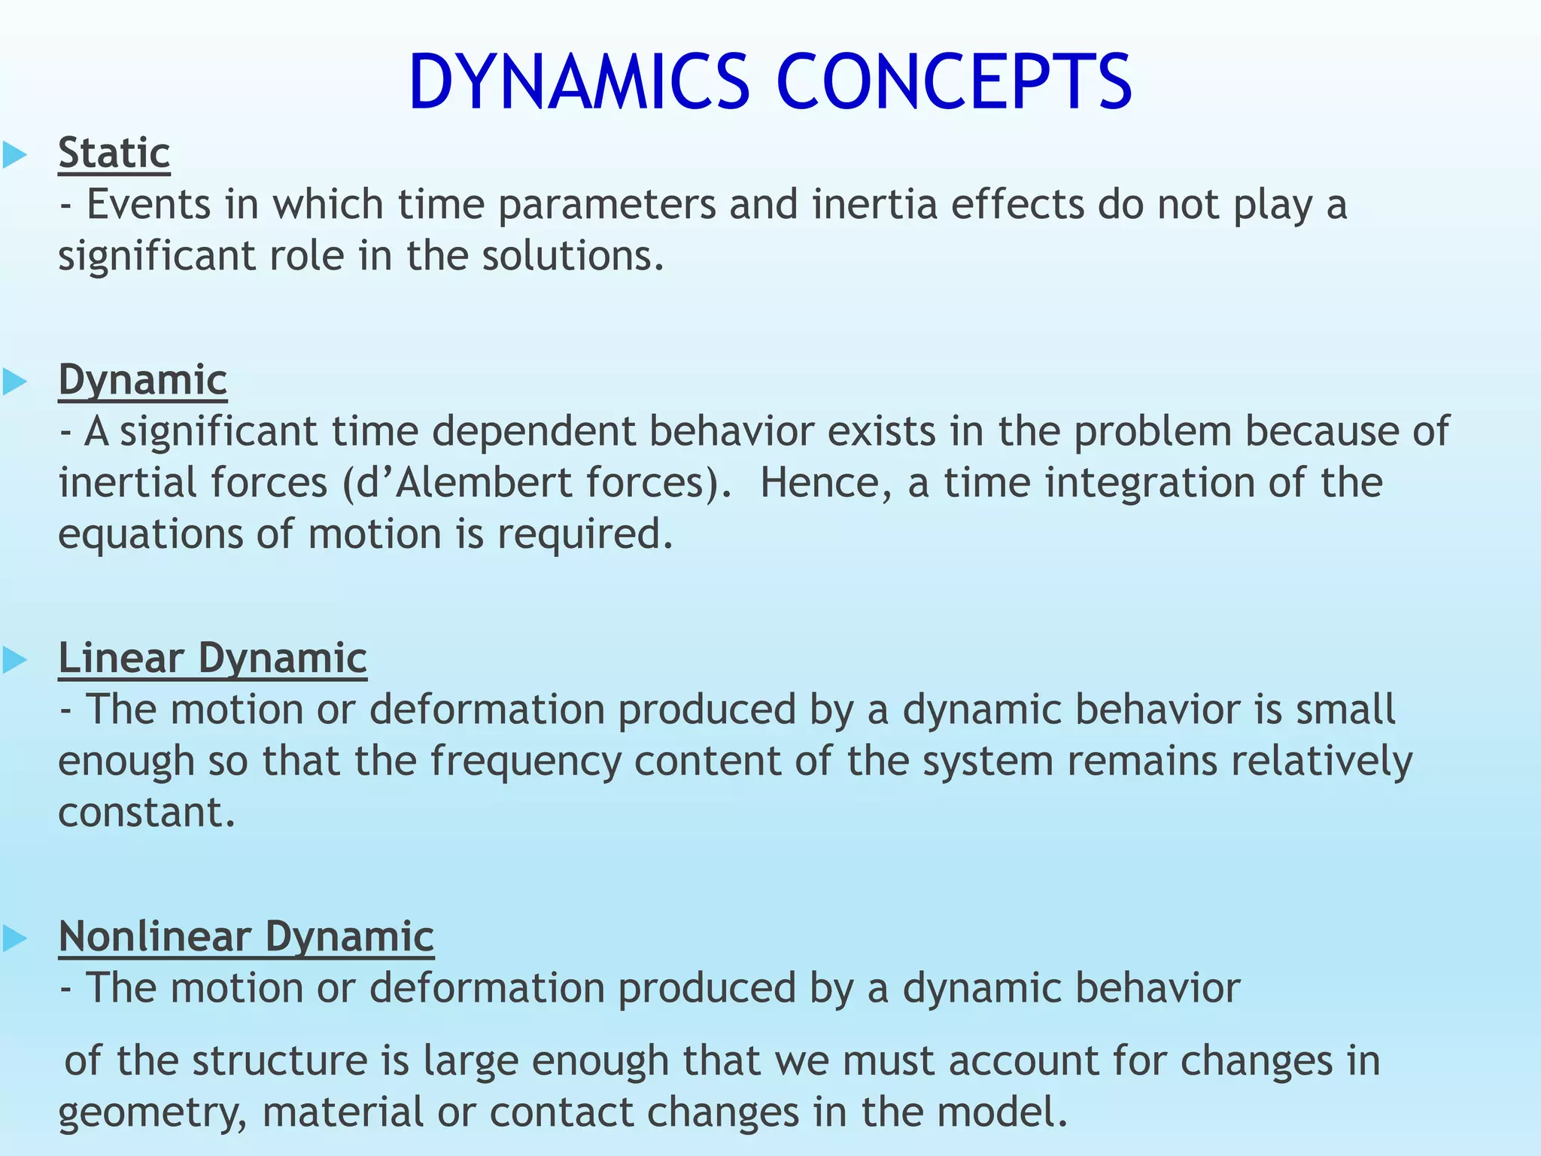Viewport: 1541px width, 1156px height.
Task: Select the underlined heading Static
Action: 114,153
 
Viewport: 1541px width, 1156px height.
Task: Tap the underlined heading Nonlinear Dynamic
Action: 246,936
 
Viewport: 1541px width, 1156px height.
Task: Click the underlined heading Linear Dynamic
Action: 212,658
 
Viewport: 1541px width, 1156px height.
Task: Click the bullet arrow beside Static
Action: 15,155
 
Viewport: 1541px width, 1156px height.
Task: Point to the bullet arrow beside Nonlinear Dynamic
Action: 15,938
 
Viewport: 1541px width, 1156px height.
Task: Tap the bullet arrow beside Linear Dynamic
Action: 15,660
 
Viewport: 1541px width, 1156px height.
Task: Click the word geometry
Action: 150,1112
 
